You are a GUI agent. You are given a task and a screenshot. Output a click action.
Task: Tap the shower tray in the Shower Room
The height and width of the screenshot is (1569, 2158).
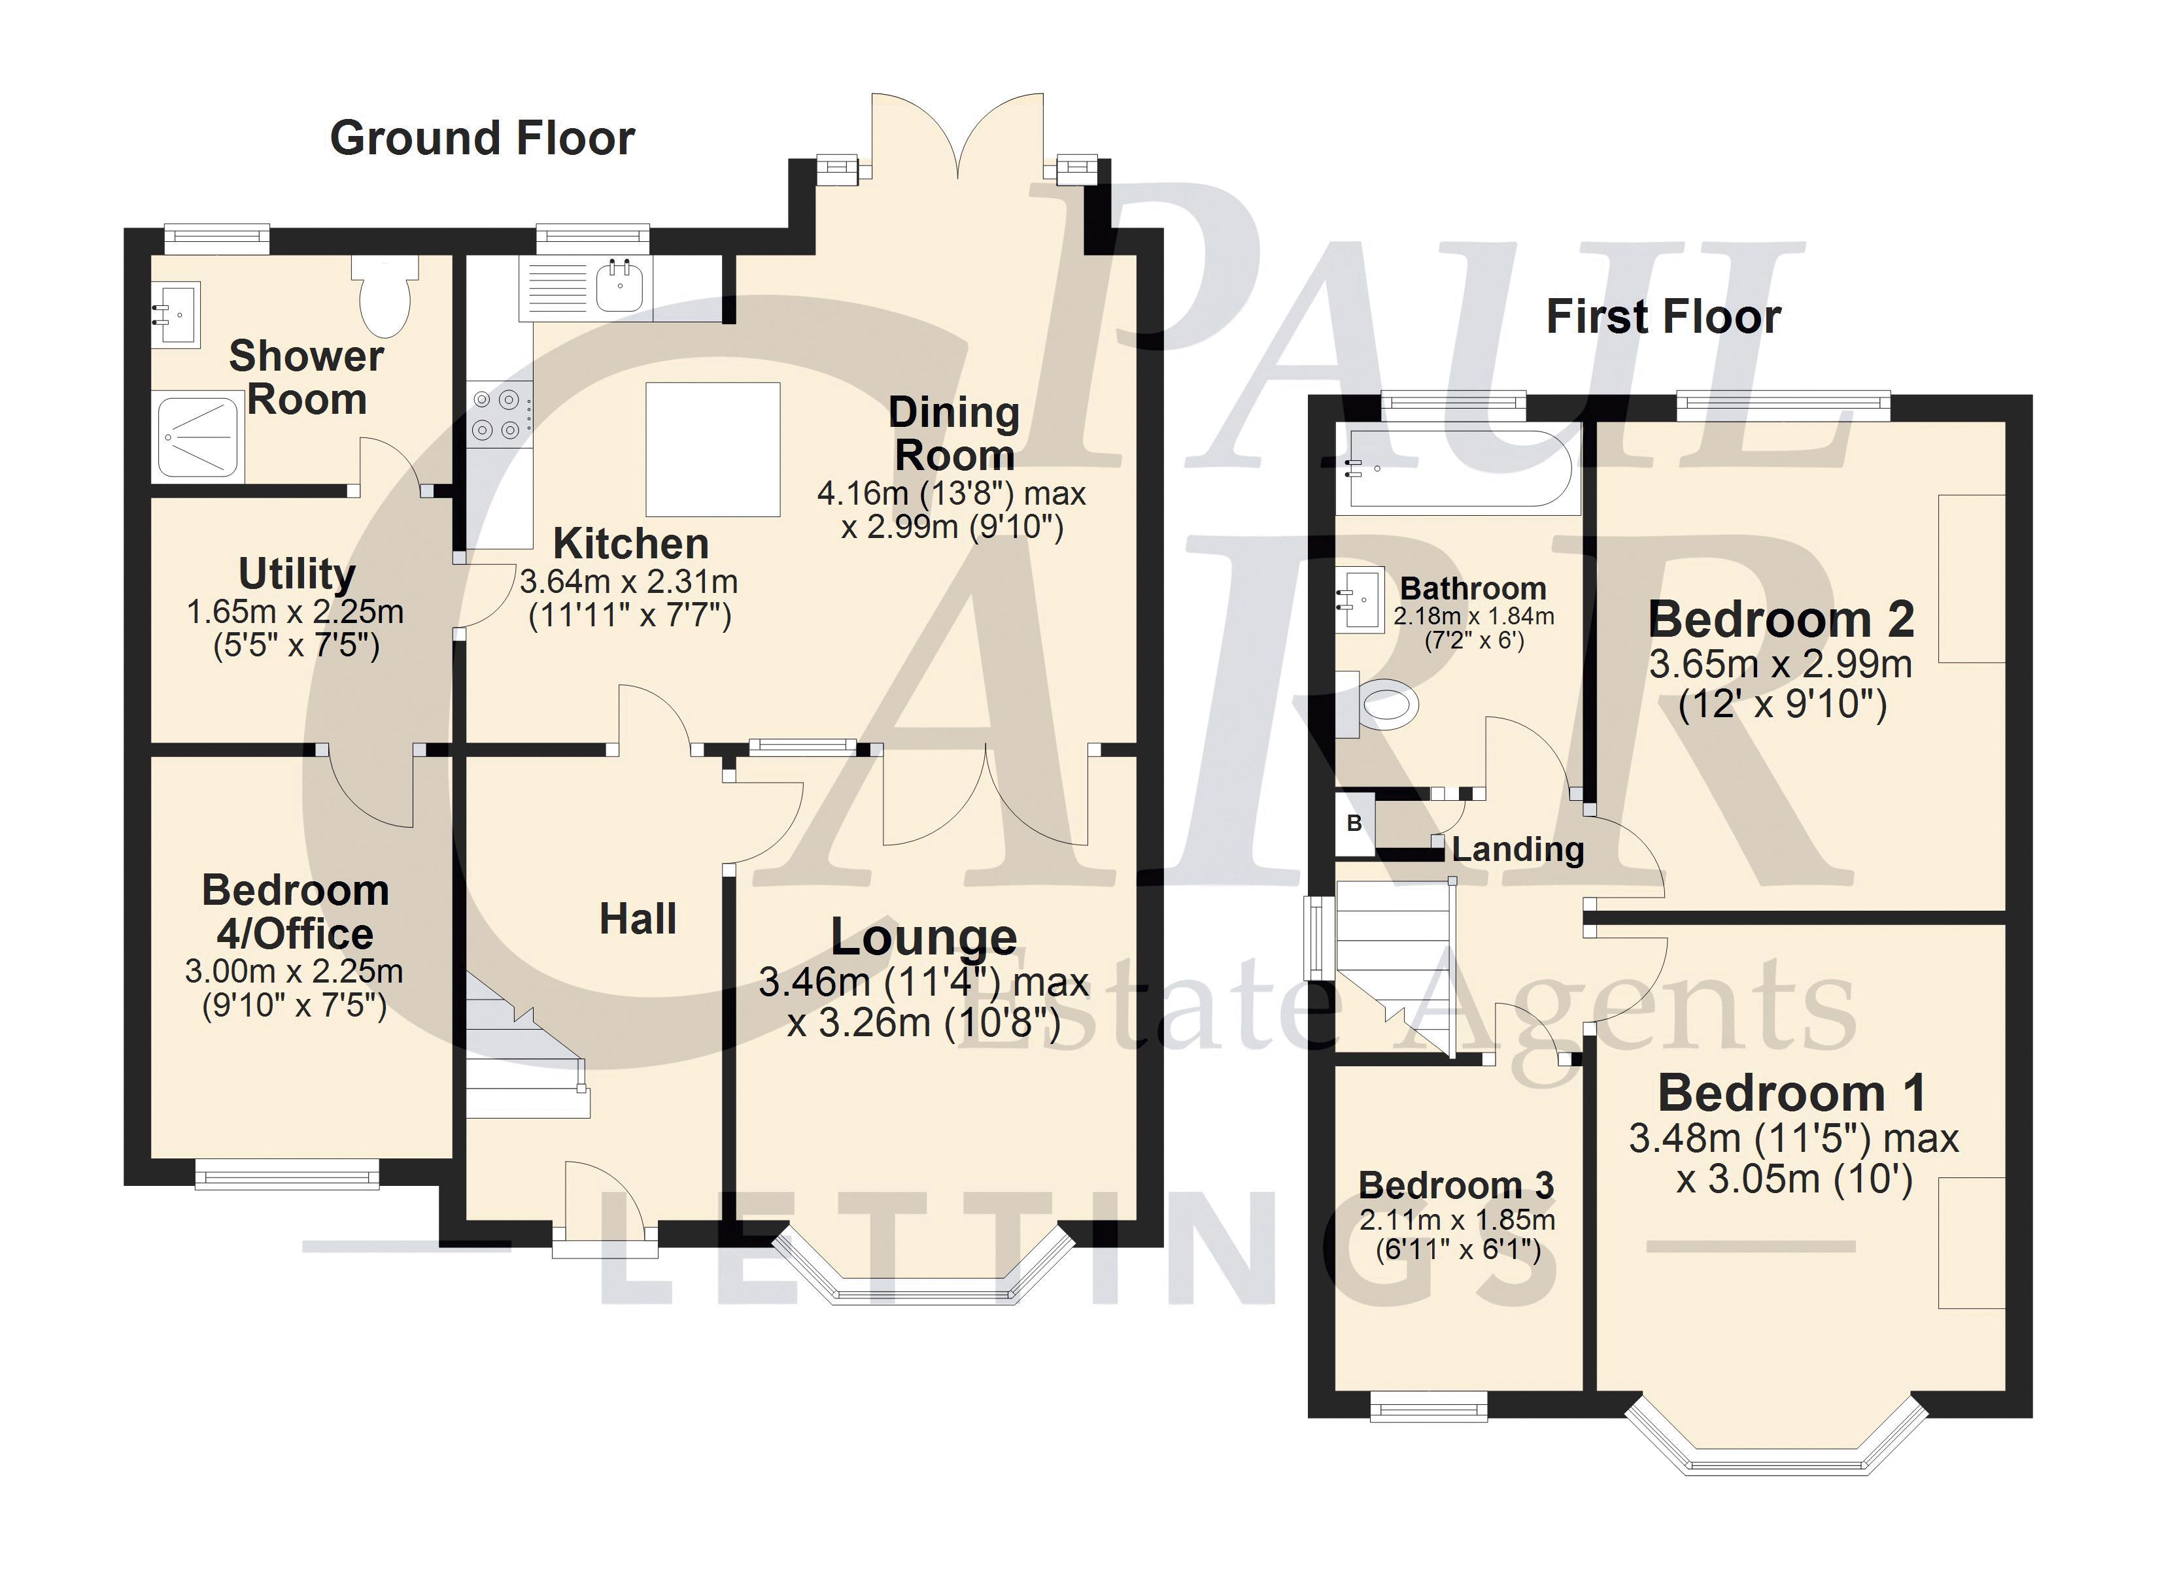(198, 437)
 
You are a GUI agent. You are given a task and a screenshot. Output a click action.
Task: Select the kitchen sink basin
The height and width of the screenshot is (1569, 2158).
(619, 284)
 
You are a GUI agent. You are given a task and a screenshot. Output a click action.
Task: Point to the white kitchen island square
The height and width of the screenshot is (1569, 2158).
(713, 448)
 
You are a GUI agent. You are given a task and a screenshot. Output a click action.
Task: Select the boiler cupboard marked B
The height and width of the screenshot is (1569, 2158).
(1355, 823)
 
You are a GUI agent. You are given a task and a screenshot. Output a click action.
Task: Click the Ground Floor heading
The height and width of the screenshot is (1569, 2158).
(483, 138)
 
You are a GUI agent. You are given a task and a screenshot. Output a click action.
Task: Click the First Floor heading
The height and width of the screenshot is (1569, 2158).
(1663, 317)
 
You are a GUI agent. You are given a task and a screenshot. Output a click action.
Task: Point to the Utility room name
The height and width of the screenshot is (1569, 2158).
(297, 574)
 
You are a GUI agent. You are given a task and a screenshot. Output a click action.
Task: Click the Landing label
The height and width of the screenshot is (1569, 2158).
(1518, 849)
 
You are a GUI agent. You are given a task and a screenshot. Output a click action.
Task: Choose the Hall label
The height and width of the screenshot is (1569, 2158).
(638, 919)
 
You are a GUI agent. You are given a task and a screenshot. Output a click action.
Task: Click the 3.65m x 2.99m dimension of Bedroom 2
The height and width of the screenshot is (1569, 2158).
(1780, 664)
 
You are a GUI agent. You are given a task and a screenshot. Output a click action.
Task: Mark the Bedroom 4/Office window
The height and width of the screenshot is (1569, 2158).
(287, 1174)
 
